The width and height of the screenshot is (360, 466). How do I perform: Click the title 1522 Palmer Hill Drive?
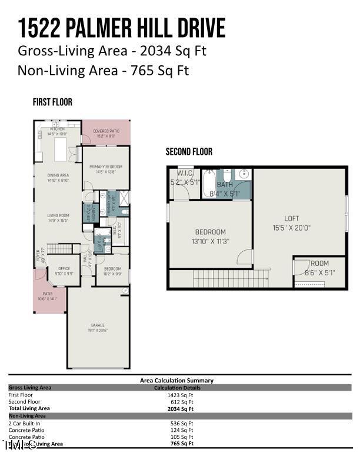click(x=122, y=28)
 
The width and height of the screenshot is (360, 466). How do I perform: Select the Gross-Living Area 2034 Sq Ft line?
click(x=112, y=51)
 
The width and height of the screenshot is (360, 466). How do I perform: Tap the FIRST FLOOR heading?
click(x=52, y=102)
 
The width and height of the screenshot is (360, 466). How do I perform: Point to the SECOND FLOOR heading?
click(x=189, y=152)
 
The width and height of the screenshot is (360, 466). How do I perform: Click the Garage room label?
click(x=98, y=327)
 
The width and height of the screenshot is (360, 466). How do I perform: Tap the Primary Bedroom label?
click(x=106, y=169)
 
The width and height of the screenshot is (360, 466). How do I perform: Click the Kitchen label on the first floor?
click(x=57, y=131)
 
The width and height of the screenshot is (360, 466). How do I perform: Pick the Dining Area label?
click(x=58, y=178)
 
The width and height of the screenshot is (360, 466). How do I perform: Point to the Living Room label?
click(x=58, y=218)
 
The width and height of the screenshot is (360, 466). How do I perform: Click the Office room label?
click(x=64, y=271)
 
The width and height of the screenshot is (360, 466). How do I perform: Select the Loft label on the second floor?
click(x=292, y=222)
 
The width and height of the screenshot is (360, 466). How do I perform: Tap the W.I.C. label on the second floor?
click(x=185, y=177)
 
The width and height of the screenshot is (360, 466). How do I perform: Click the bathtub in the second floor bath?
click(x=209, y=185)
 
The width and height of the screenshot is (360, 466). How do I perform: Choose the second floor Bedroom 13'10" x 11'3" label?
click(x=211, y=236)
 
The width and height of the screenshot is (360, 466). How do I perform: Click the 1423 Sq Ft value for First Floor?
click(x=180, y=395)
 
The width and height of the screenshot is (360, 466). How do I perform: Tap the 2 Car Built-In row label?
click(x=25, y=423)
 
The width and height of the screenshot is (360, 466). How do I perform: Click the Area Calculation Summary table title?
click(x=176, y=381)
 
